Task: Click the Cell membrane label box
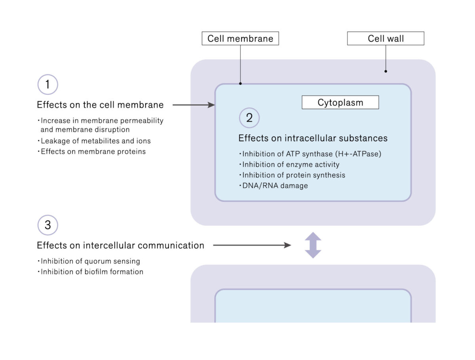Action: pyautogui.click(x=240, y=38)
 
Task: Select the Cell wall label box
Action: pyautogui.click(x=386, y=38)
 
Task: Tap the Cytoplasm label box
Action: pyautogui.click(x=340, y=103)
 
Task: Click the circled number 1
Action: pyautogui.click(x=47, y=84)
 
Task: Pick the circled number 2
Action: pyautogui.click(x=249, y=118)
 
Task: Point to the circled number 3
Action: pyautogui.click(x=47, y=225)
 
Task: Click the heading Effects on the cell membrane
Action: pyautogui.click(x=100, y=105)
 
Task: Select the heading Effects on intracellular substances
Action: pyautogui.click(x=313, y=138)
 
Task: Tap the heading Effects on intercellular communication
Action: pyautogui.click(x=120, y=246)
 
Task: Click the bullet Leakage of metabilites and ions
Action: pyautogui.click(x=95, y=141)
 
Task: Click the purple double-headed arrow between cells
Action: pyautogui.click(x=313, y=245)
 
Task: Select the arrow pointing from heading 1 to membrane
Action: pyautogui.click(x=194, y=105)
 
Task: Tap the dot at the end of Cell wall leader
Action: pyautogui.click(x=386, y=72)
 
